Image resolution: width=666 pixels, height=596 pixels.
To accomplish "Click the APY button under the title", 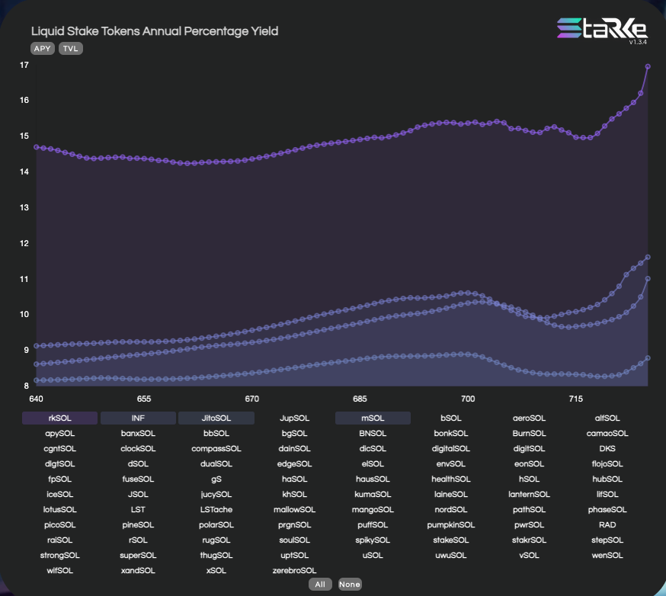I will [43, 48].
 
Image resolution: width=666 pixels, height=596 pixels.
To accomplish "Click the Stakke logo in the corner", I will [602, 29].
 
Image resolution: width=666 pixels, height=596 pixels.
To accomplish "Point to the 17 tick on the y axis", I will [24, 66].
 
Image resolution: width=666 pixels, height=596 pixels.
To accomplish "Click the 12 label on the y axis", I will [24, 243].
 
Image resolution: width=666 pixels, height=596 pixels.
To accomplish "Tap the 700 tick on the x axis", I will [468, 399].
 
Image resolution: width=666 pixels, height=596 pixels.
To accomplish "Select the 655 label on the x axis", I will [144, 399].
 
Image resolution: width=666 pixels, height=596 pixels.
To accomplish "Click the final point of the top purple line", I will [648, 67].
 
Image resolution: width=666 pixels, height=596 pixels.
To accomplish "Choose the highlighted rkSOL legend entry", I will [60, 418].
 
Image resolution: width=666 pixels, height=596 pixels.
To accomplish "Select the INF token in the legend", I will [138, 418].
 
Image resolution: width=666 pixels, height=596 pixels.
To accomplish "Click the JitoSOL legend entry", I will [216, 418].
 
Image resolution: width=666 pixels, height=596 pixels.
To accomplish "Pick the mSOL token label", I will [373, 418].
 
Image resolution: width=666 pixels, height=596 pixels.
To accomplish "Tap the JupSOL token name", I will [294, 418].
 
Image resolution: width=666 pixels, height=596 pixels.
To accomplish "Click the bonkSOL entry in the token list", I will [450, 433].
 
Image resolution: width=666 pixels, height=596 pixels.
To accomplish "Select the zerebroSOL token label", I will [294, 570].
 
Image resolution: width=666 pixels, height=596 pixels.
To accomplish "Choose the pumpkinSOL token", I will [450, 524].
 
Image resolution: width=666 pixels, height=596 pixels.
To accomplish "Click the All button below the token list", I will [320, 584].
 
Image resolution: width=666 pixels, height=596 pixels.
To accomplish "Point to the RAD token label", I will [607, 524].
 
